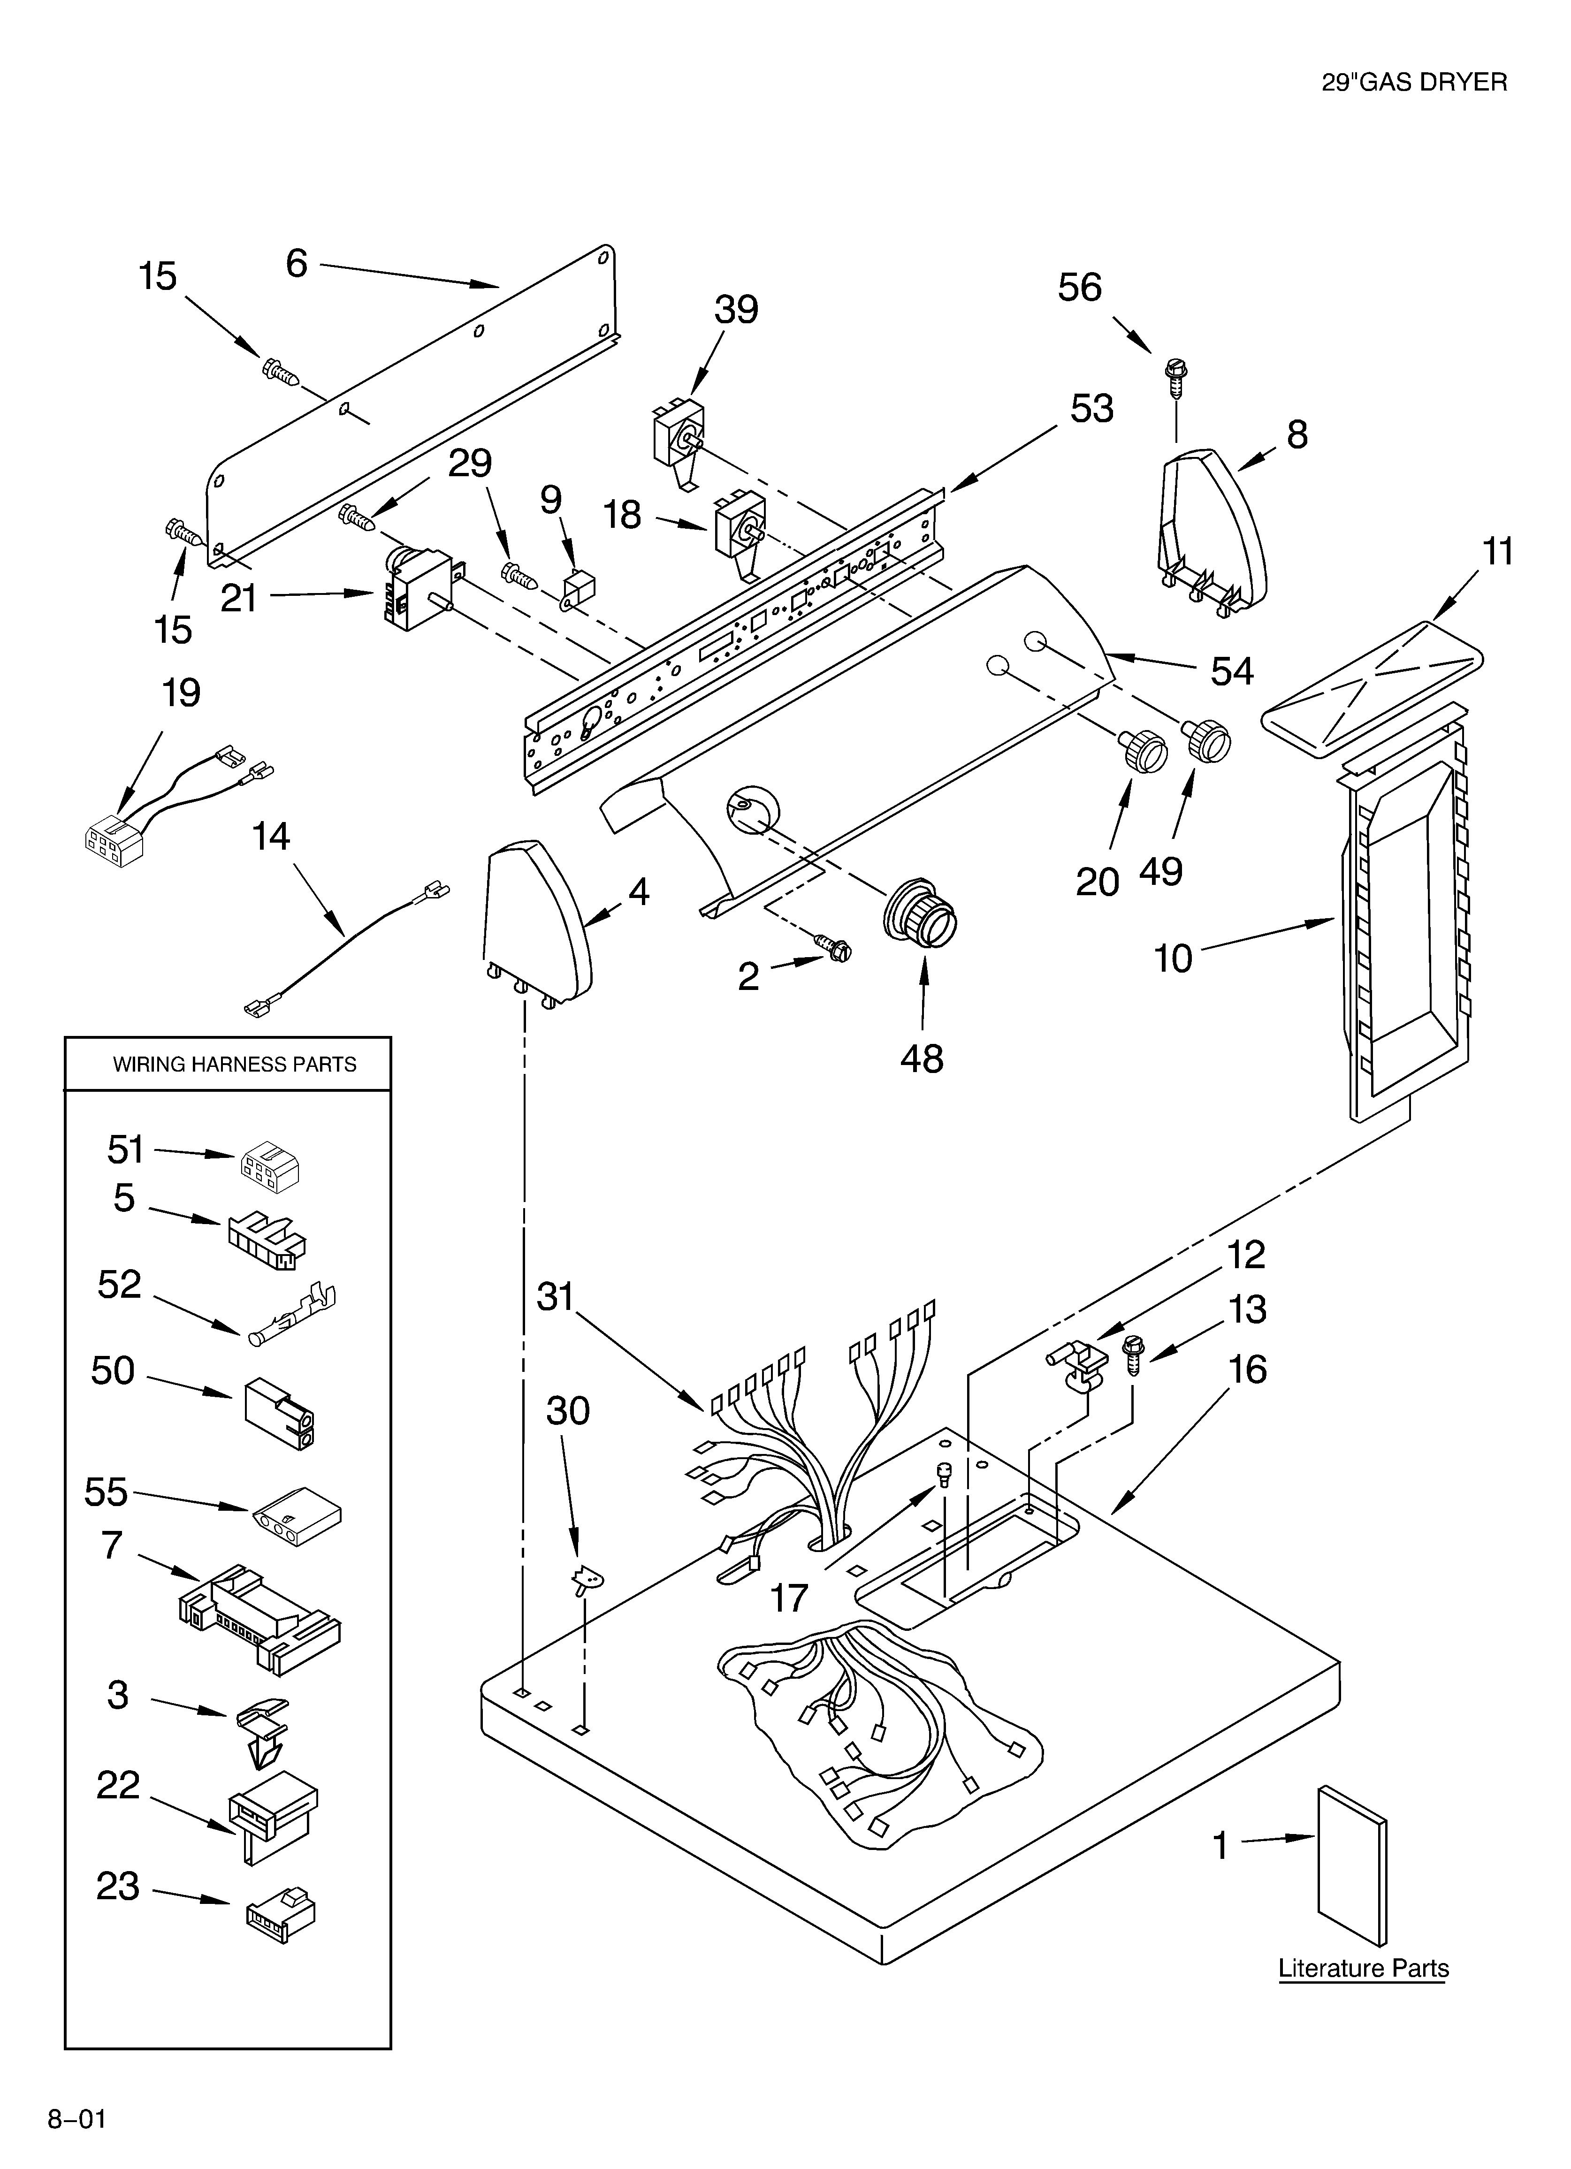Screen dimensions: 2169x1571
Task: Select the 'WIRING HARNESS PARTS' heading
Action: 235,1065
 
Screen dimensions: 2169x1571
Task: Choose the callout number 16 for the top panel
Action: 1247,1370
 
